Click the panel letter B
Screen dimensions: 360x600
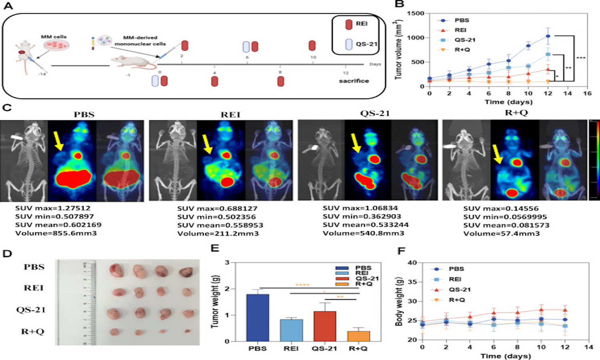click(399, 4)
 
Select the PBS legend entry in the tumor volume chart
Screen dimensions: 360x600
click(462, 20)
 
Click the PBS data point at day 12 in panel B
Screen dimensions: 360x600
click(548, 36)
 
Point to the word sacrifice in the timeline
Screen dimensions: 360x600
click(354, 81)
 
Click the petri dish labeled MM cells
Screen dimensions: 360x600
click(54, 45)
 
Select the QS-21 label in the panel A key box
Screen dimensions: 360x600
click(366, 44)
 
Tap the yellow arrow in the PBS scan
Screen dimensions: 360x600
click(58, 142)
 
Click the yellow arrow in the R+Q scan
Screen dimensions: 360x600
click(497, 154)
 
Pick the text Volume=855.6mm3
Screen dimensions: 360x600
click(56, 233)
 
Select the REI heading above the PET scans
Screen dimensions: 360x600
click(230, 115)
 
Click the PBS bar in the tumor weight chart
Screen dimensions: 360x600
click(258, 318)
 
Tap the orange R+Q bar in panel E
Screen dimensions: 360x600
click(358, 336)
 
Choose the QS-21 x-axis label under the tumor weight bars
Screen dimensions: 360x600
click(324, 348)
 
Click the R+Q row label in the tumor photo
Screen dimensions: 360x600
click(32, 331)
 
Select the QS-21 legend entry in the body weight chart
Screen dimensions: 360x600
click(459, 290)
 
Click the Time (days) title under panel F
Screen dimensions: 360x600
click(506, 356)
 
